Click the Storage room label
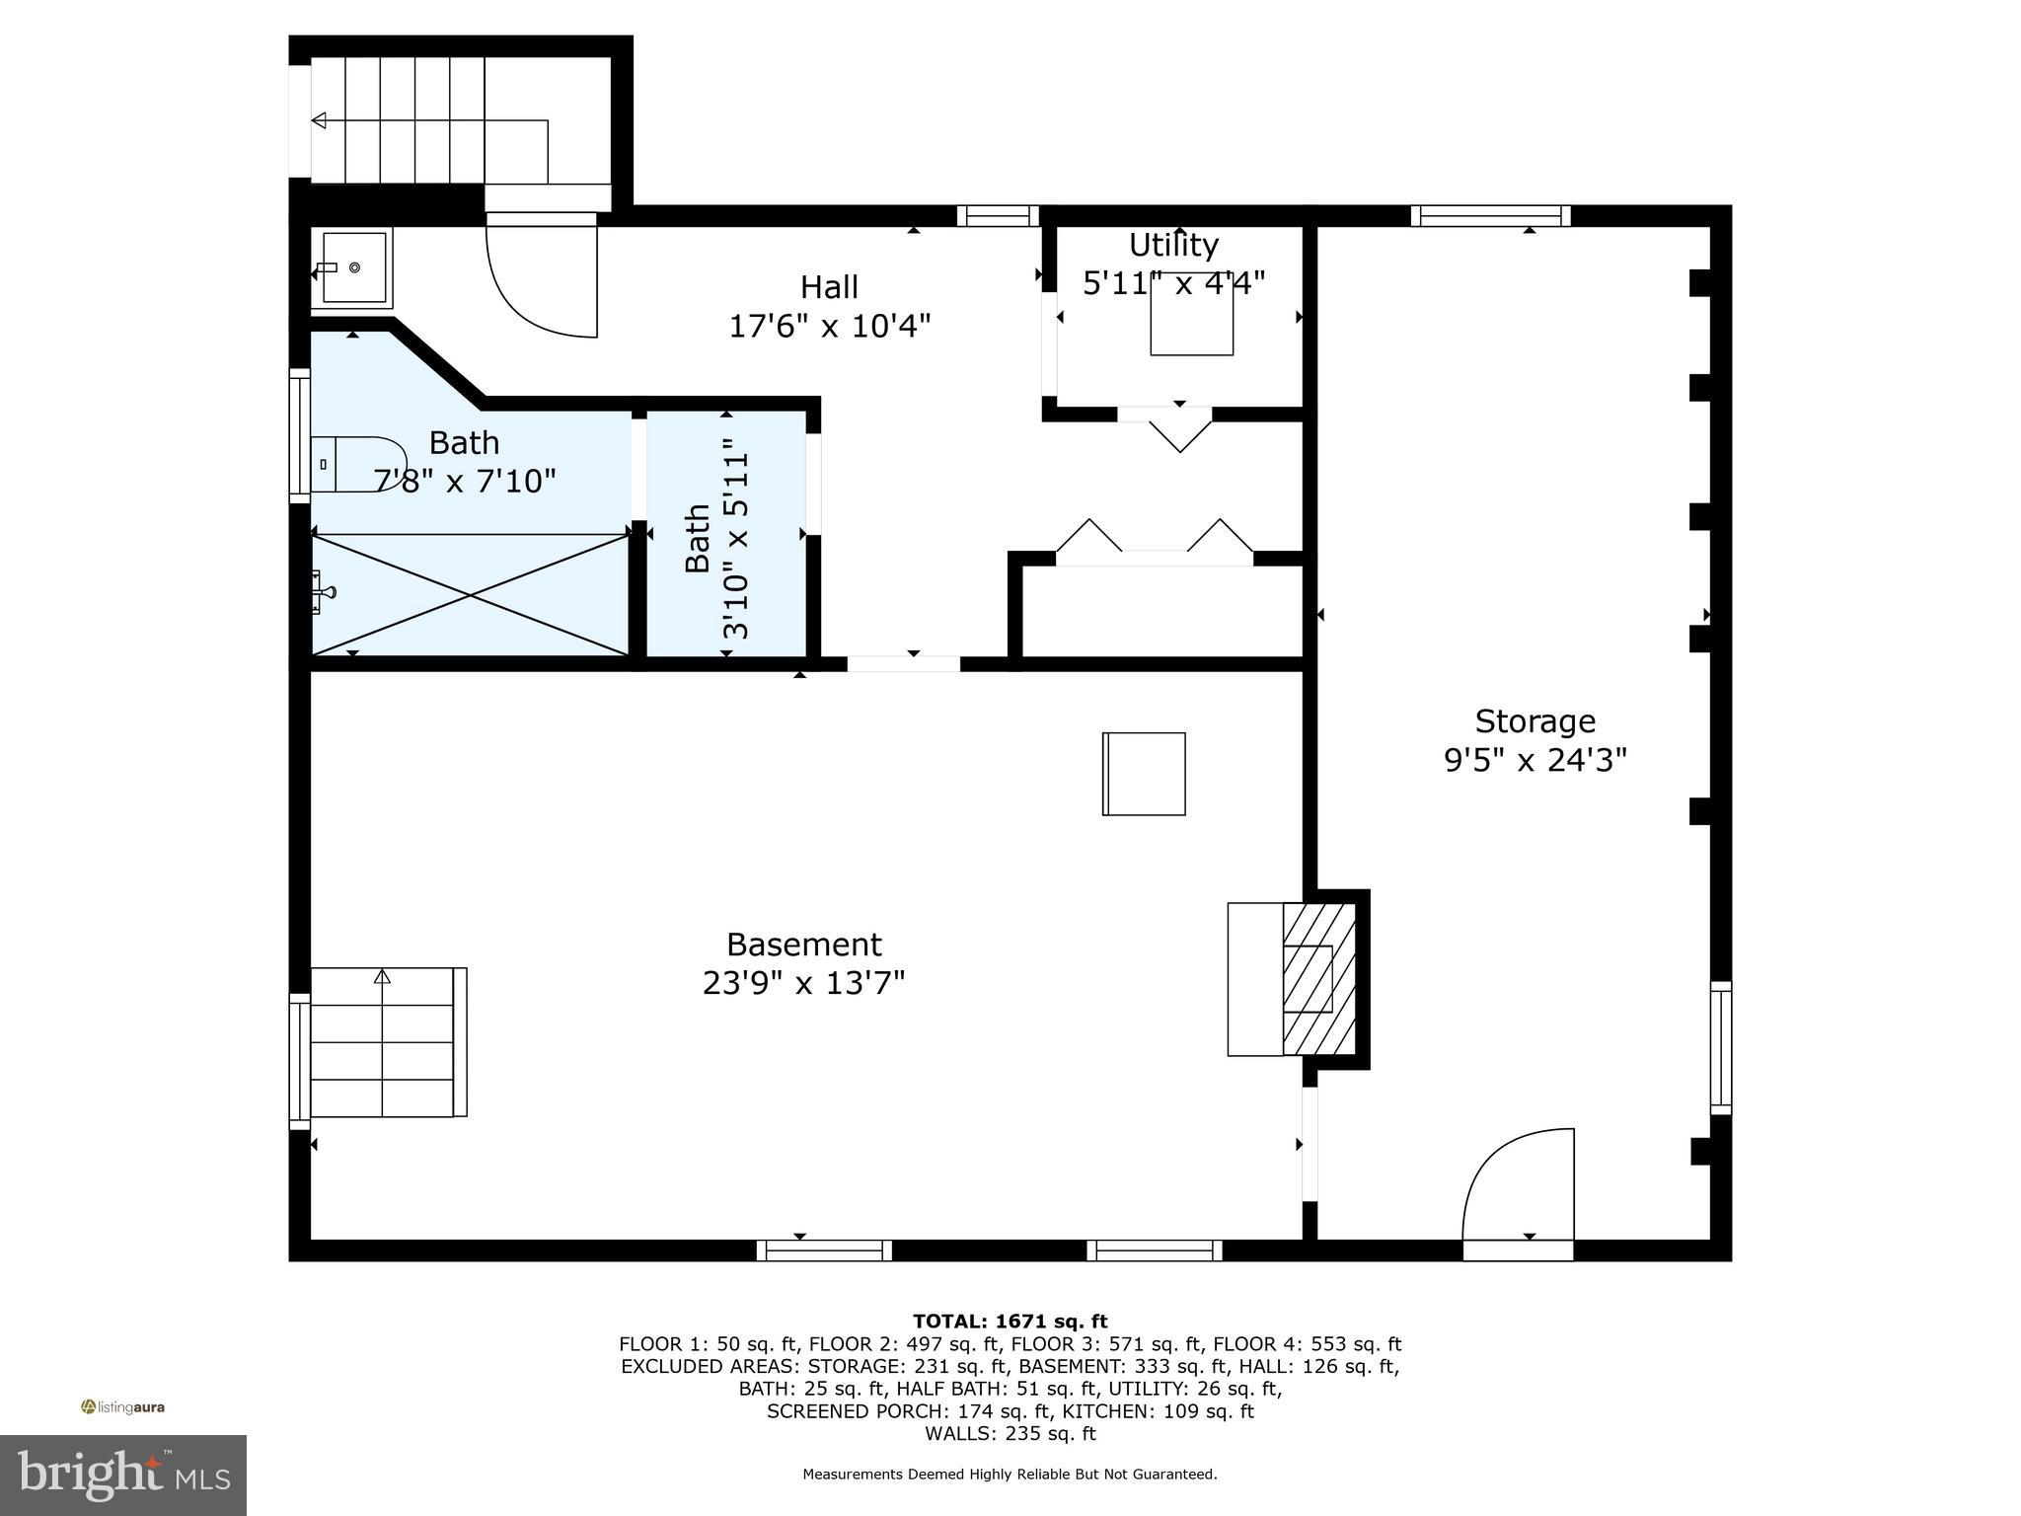click(1534, 721)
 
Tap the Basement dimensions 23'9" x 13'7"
click(803, 984)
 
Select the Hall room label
click(829, 287)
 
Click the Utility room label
click(1173, 244)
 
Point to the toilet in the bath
click(355, 464)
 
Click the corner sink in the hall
click(352, 267)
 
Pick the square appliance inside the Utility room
click(1191, 314)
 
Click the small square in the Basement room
click(1144, 774)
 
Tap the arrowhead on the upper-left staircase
click(319, 120)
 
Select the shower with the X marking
click(471, 594)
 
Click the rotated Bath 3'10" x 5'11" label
click(716, 540)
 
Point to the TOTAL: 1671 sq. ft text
click(1010, 1322)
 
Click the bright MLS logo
click(122, 1475)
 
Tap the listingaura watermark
click(123, 1407)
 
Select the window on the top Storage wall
click(1490, 215)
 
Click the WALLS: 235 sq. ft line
click(1010, 1434)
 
